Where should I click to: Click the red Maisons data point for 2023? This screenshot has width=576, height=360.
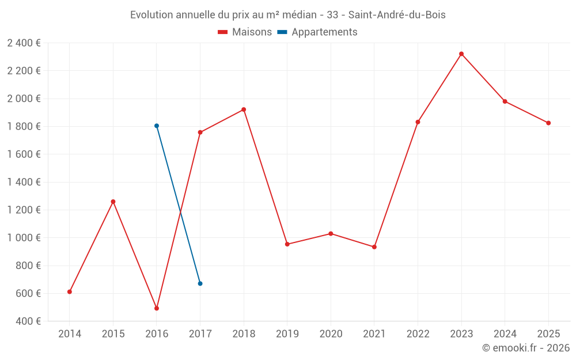point(461,54)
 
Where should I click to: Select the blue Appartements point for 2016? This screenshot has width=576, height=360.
point(157,126)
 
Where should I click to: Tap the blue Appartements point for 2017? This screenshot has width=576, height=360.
point(200,283)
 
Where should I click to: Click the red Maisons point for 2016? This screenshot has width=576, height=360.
point(157,308)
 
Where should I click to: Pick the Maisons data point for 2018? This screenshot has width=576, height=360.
point(244,109)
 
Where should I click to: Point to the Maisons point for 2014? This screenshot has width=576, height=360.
point(70,291)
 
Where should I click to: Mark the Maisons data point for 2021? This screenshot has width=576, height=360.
point(374,247)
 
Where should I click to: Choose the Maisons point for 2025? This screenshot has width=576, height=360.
point(548,123)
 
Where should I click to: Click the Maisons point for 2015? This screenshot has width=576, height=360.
point(113,202)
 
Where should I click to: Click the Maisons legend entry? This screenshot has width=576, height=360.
point(245,32)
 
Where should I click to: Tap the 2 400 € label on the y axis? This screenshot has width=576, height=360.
point(24,43)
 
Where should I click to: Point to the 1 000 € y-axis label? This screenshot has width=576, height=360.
point(24,238)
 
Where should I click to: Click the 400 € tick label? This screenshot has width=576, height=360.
point(29,321)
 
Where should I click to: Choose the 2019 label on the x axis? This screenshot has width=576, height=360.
point(287,334)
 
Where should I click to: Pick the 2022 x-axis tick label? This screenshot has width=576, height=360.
point(418,334)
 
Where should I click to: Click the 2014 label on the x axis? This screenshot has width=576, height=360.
point(70,334)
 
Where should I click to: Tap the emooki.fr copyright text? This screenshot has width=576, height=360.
point(526,348)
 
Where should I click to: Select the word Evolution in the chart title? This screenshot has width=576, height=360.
point(151,15)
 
